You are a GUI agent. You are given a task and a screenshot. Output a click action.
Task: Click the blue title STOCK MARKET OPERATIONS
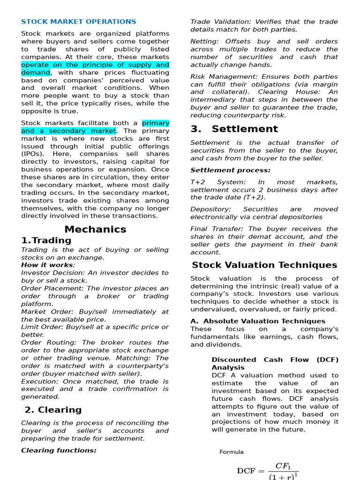(x=79, y=22)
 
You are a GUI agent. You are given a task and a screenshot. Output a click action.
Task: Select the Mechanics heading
(x=95, y=229)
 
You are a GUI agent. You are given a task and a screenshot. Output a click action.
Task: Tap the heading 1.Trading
(x=46, y=240)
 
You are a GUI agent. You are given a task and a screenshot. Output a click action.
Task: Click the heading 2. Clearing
(x=53, y=410)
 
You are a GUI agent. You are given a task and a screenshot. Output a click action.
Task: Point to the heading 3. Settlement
(x=234, y=129)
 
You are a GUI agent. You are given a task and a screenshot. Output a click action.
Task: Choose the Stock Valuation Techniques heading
(x=264, y=265)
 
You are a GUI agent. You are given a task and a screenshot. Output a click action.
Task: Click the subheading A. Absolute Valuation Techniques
(x=258, y=321)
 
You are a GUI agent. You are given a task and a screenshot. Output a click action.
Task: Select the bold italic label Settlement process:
(x=230, y=170)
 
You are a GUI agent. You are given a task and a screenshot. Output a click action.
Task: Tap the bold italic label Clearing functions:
(x=59, y=450)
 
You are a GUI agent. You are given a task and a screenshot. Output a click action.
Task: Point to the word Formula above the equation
(x=232, y=452)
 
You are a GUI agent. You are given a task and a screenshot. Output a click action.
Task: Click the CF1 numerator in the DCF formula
(x=284, y=466)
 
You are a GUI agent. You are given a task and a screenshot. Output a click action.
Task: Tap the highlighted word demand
(x=35, y=73)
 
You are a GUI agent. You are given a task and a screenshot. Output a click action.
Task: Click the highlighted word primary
(x=156, y=123)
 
